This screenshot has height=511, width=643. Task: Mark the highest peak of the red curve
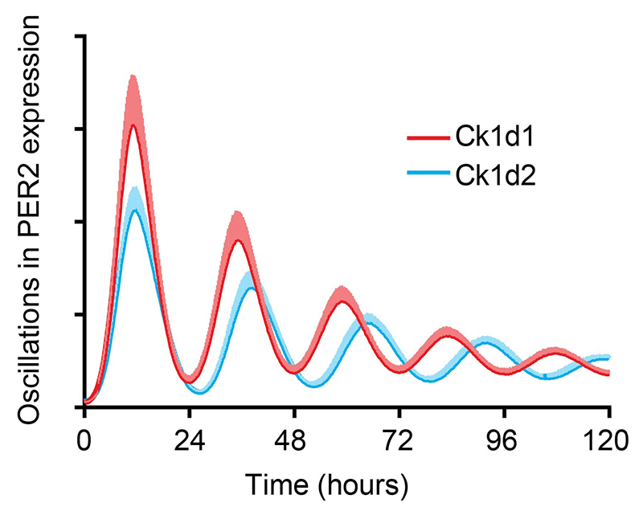(133, 125)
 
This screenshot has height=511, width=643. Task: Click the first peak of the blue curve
(136, 210)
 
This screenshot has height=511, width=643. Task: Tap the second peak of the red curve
(236, 239)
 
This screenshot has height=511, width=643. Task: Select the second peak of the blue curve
(252, 288)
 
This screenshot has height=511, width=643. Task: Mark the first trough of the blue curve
(200, 393)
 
